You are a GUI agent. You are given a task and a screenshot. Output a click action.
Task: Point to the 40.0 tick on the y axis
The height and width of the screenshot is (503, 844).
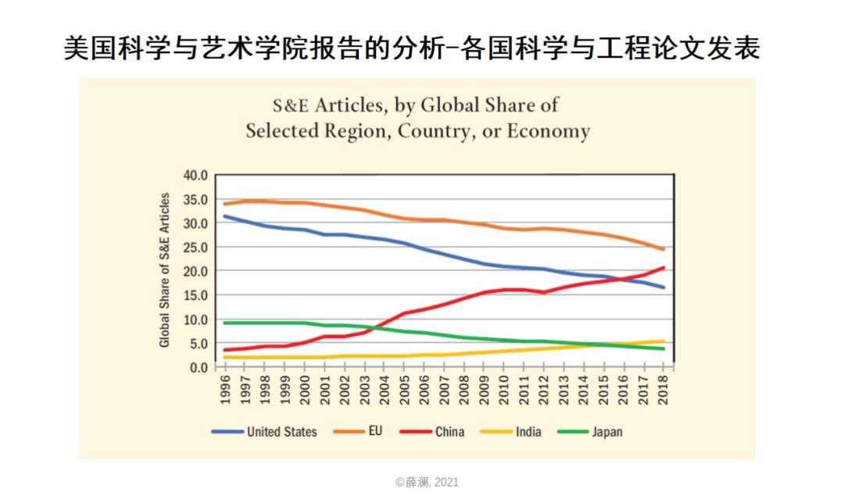point(197,175)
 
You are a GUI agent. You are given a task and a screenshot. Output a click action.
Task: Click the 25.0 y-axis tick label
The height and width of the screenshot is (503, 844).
point(197,248)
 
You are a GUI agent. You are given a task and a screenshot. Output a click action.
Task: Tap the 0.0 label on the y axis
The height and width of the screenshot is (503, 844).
point(200,367)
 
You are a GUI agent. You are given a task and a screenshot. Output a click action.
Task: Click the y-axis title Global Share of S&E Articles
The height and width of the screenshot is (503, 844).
point(165,270)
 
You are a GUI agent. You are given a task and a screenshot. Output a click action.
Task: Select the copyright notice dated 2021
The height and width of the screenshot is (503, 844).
point(427,482)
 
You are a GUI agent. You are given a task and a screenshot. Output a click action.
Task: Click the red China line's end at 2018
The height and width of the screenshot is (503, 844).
point(663,268)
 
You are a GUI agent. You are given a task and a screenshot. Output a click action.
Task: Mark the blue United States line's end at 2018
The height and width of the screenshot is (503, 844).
point(663,287)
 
